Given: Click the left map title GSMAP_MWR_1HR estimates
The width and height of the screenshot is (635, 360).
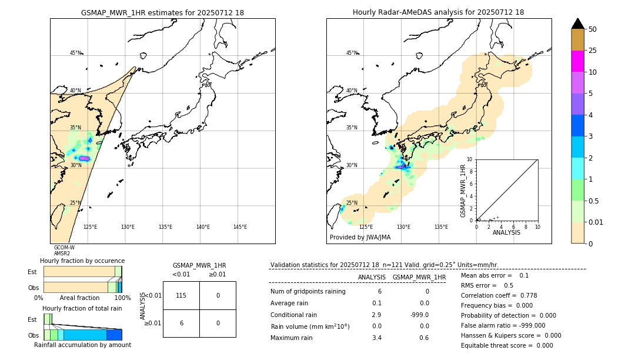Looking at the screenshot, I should pos(162,12).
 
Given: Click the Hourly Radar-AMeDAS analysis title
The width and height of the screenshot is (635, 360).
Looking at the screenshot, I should pos(438,12).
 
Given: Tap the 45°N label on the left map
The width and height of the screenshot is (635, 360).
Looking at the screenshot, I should pos(75,53).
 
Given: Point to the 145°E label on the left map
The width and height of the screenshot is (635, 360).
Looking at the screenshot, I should pos(240,227).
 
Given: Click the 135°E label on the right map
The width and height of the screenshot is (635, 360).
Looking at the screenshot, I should pos(441,227).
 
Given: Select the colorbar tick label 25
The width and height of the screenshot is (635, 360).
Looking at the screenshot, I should pos(593,51).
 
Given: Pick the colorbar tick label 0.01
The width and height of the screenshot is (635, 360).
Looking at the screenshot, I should pos(596,222).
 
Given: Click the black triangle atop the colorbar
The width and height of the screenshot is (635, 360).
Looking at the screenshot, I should pos(577,24).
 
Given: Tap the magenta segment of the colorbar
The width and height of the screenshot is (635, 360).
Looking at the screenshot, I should pos(577,61).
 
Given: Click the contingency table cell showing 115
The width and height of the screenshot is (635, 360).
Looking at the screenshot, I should pos(181,295).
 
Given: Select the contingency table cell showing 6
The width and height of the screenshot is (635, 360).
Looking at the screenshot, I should pos(181,324).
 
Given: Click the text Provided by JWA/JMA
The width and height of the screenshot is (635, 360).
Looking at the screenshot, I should pos(360,238).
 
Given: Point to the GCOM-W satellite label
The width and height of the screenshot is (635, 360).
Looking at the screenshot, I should pos(64,248).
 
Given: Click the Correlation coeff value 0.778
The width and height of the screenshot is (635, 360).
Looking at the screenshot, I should pos(525,295).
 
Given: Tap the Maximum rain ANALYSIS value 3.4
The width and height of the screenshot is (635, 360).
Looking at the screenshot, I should pos(376,338).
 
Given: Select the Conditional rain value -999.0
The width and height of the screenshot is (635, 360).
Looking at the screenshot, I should pos(419,315).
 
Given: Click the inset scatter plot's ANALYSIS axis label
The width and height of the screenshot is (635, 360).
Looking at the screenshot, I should pos(506,232).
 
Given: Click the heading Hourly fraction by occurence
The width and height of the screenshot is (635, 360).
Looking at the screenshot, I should pos(82,261).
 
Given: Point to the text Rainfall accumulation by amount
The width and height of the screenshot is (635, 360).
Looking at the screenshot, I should pos(82,345).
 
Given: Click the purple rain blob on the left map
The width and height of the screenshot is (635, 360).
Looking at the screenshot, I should pos(84,159).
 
